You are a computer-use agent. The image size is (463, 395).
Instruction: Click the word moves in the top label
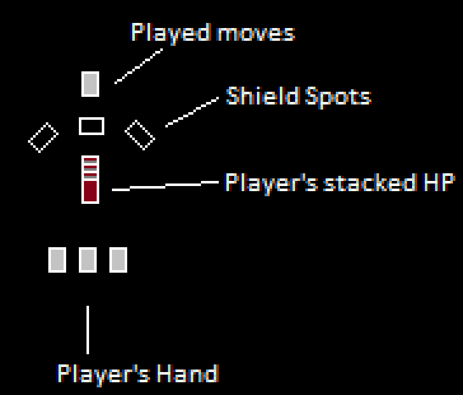(255, 33)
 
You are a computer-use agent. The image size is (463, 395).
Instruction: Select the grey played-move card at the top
(90, 84)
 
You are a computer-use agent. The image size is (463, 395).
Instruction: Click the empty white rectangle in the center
(92, 126)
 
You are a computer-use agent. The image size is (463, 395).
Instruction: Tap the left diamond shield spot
(43, 137)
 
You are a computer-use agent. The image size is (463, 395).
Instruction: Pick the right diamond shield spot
(140, 135)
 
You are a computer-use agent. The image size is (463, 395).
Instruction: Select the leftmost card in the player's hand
(57, 260)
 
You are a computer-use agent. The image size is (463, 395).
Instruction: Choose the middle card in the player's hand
(88, 260)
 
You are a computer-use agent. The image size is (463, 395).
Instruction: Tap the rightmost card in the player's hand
(118, 260)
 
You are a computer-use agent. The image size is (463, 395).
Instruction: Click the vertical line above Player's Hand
(88, 329)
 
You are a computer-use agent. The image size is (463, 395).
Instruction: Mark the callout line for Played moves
(138, 65)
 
